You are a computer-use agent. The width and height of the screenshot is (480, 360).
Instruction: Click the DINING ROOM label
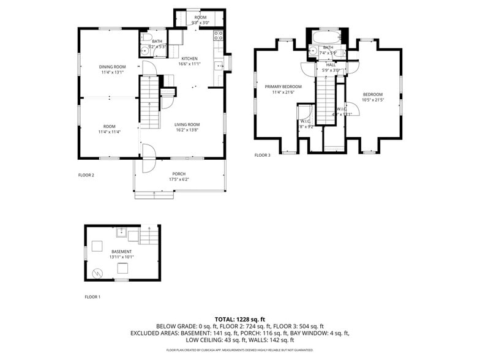(x=113, y=67)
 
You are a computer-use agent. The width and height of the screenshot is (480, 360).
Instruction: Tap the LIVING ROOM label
(x=187, y=125)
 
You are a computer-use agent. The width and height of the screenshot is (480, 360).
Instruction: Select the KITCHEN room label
(x=189, y=58)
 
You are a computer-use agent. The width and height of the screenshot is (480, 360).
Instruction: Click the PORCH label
(x=179, y=174)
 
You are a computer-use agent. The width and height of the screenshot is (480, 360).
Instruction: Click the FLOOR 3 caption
(x=262, y=156)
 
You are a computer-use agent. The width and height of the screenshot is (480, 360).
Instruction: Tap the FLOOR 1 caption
(x=92, y=297)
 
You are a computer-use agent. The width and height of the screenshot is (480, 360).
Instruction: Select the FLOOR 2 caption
(x=86, y=175)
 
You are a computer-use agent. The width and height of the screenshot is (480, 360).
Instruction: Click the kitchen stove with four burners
(x=218, y=36)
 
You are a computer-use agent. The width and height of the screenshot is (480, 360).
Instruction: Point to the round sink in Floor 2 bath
(x=144, y=51)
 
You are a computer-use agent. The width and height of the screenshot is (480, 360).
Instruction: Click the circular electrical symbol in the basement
(x=96, y=273)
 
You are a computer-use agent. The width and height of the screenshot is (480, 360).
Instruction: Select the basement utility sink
(x=122, y=232)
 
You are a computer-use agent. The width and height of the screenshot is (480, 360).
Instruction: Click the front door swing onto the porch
(x=148, y=159)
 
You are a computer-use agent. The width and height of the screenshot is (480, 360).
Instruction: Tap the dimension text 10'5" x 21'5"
(x=373, y=100)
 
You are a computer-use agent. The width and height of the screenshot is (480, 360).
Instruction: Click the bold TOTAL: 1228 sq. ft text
(x=239, y=320)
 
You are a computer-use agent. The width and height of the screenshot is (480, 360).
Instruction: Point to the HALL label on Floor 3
(x=331, y=65)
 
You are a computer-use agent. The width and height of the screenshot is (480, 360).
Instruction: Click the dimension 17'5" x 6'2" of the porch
(x=179, y=179)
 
